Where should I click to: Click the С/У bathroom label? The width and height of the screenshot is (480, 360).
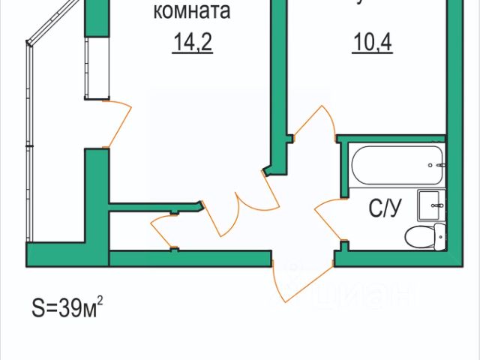[x=385, y=208]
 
